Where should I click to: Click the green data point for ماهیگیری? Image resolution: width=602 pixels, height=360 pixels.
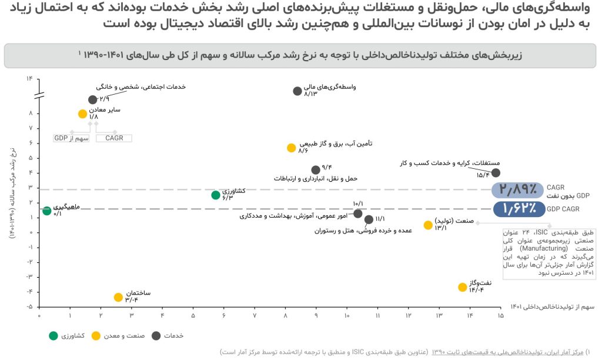pyautogui.click(x=46, y=211)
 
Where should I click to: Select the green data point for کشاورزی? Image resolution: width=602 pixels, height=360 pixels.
pyautogui.click(x=216, y=195)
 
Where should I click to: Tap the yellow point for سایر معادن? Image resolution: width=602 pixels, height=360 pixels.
pyautogui.click(x=82, y=114)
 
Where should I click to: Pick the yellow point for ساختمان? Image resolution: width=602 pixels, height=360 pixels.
pyautogui.click(x=118, y=297)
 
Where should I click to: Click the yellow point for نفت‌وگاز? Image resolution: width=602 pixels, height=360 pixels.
pyautogui.click(x=463, y=287)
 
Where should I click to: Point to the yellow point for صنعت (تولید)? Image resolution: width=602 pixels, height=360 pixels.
pyautogui.click(x=428, y=225)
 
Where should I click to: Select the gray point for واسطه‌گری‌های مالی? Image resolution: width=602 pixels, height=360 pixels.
pyautogui.click(x=297, y=91)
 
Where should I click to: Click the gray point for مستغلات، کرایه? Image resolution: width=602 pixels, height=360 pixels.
pyautogui.click(x=496, y=172)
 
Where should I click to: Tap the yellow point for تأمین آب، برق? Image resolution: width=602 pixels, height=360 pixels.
pyautogui.click(x=291, y=148)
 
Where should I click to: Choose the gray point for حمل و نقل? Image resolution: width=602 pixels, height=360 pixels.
pyautogui.click(x=316, y=170)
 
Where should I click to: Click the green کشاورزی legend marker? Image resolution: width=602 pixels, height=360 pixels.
pyautogui.click(x=53, y=335)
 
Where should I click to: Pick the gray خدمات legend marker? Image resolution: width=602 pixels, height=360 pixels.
pyautogui.click(x=156, y=335)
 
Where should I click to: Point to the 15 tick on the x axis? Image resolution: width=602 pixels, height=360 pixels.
pyautogui.click(x=500, y=316)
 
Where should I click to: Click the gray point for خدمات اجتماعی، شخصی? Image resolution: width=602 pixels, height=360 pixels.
pyautogui.click(x=92, y=99)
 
